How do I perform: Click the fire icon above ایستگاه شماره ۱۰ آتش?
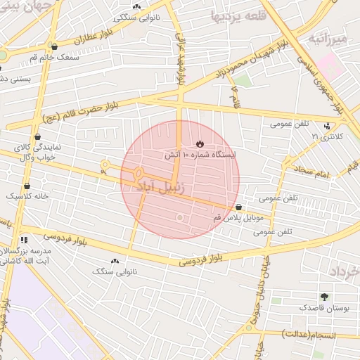pyautogui.click(x=200, y=143)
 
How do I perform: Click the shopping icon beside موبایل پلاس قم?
pyautogui.click(x=240, y=207)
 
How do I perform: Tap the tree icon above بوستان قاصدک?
pyautogui.click(x=324, y=297)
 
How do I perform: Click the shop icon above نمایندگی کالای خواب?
pyautogui.click(x=37, y=137)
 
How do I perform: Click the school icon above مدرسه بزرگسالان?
pyautogui.click(x=25, y=240)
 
